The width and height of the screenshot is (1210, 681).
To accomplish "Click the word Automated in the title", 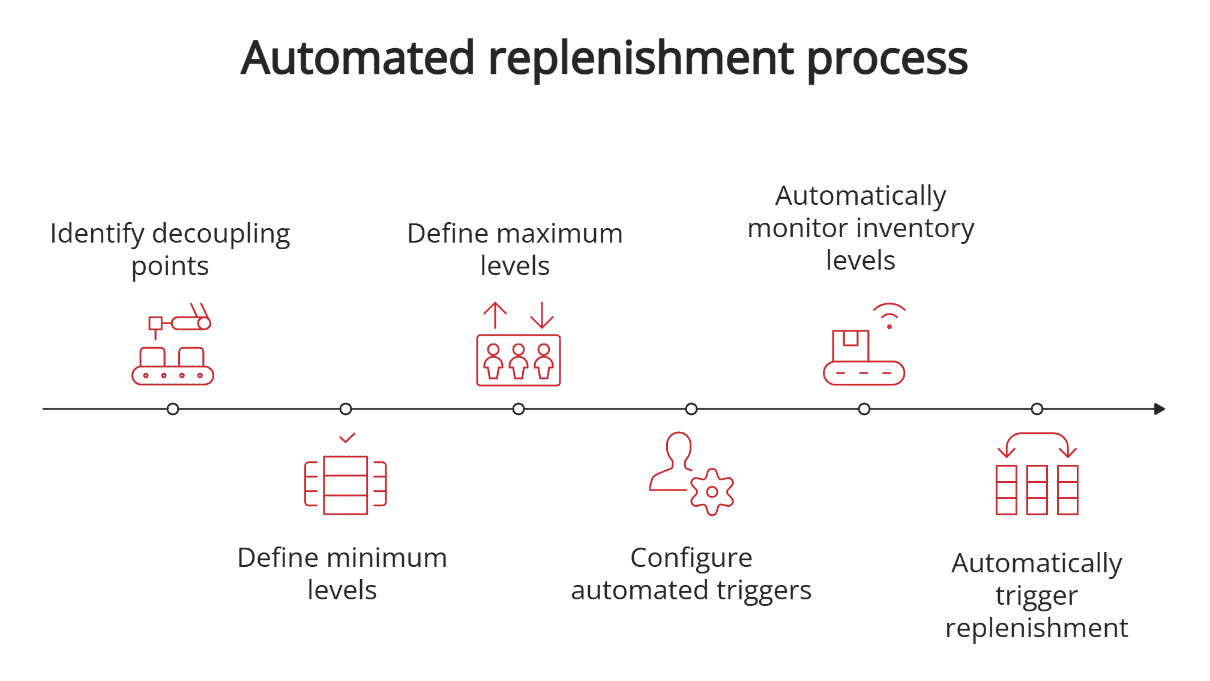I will (x=358, y=58).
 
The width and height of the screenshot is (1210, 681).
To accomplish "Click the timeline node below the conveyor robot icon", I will (x=173, y=409).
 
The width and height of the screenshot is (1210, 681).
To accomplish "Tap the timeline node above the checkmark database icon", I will (x=346, y=409).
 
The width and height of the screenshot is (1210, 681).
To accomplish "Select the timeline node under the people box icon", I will (x=519, y=409).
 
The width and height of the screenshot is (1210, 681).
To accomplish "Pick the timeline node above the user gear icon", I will (x=691, y=409).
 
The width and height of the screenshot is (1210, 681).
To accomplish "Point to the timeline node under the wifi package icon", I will (x=864, y=409).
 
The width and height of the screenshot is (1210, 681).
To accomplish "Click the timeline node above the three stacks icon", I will (x=1037, y=409).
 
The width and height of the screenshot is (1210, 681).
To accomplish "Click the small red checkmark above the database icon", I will (x=347, y=438).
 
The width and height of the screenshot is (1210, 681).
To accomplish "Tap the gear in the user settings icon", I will (x=712, y=492).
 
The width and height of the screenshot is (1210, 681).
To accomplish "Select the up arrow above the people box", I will (x=495, y=315).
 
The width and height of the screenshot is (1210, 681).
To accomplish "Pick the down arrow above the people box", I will (x=542, y=315).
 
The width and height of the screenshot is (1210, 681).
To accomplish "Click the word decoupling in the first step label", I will (x=221, y=234).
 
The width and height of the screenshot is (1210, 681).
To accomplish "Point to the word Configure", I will (x=691, y=558).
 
